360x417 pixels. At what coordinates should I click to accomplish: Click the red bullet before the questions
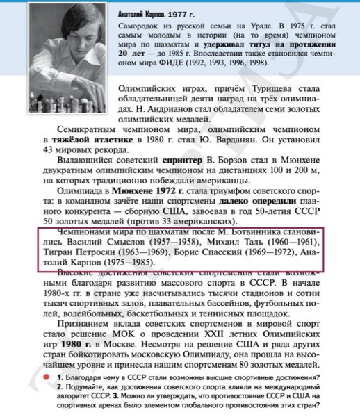point(45,375)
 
